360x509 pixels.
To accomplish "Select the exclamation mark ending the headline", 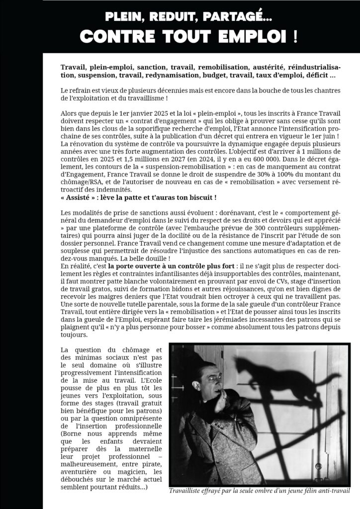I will click(x=294, y=37).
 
